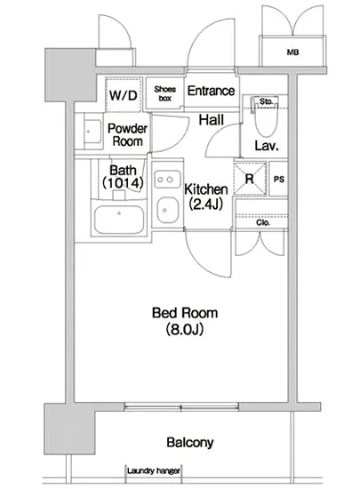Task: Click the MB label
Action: click(292, 52)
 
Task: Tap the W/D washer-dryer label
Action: click(124, 95)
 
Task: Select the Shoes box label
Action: click(164, 93)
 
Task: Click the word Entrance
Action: click(211, 91)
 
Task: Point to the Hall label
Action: click(212, 120)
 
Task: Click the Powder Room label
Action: click(127, 135)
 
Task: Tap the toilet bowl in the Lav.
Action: click(266, 121)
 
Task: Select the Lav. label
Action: click(267, 146)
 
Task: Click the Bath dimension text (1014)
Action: click(124, 183)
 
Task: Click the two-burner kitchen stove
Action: click(168, 180)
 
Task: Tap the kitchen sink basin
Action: click(168, 210)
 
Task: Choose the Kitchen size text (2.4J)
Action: click(205, 204)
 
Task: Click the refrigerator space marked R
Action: click(250, 179)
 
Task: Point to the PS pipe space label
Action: click(279, 180)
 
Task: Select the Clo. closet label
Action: click(263, 222)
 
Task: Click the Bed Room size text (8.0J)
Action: click(185, 329)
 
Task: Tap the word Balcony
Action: click(190, 442)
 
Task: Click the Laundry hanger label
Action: click(154, 470)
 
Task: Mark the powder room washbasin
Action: click(92, 132)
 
